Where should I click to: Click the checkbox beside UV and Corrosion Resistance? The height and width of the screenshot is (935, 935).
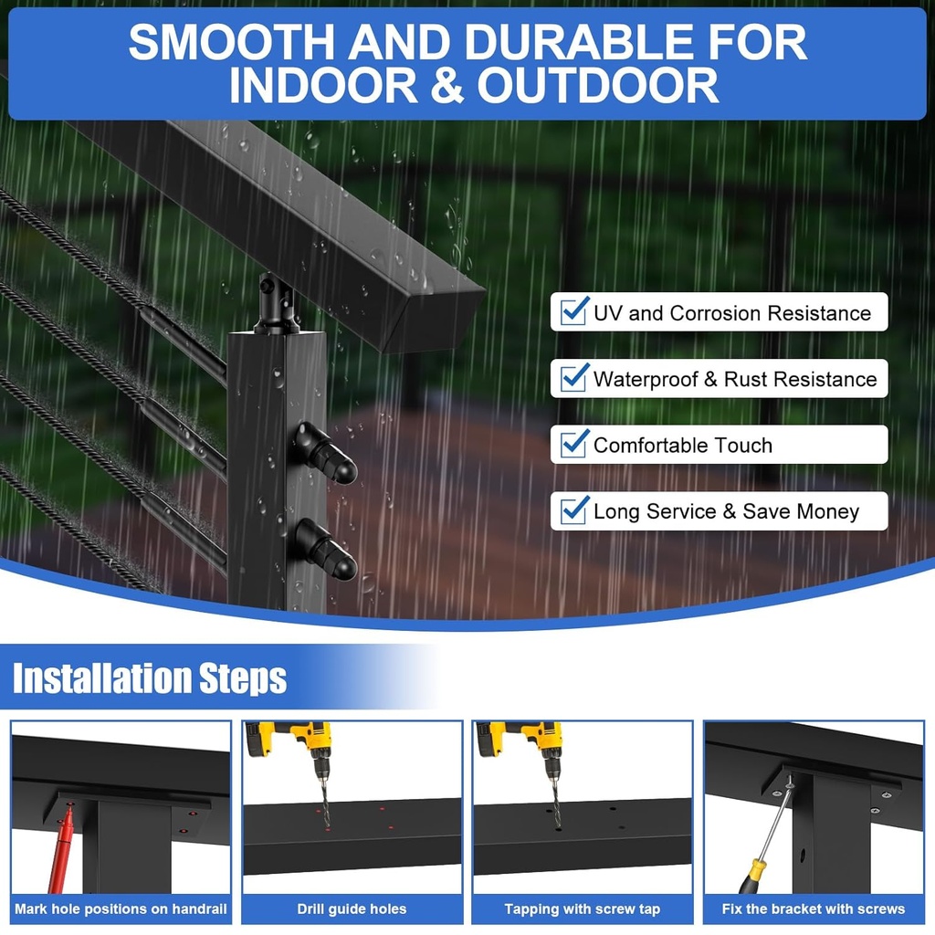click(573, 312)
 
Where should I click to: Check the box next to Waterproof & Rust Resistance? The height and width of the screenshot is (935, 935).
click(573, 378)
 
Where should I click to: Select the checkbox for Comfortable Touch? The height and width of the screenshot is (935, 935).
click(573, 445)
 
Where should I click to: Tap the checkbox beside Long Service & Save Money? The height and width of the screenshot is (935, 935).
click(573, 510)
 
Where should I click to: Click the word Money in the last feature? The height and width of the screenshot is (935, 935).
click(825, 511)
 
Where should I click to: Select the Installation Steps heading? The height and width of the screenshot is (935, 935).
click(150, 678)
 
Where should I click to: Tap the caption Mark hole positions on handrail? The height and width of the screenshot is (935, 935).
click(121, 909)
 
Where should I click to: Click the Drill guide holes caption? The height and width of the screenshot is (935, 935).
click(352, 909)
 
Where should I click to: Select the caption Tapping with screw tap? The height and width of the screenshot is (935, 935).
click(582, 909)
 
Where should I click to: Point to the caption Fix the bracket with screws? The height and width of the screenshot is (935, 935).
click(813, 909)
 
